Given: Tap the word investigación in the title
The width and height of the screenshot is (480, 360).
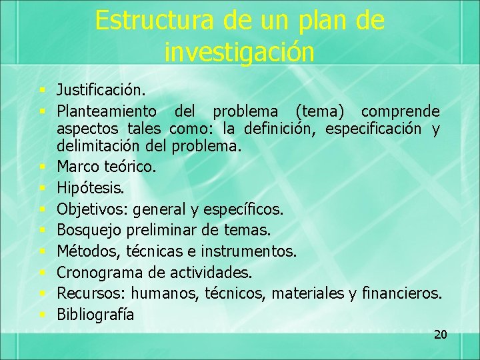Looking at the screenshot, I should pyautogui.click(x=239, y=52).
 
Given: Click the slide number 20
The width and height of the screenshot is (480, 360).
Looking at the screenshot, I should pyautogui.click(x=440, y=335).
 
